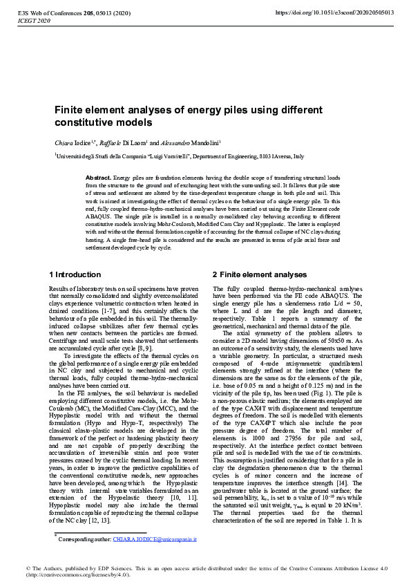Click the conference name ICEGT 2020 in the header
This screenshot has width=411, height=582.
coord(31,21)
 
